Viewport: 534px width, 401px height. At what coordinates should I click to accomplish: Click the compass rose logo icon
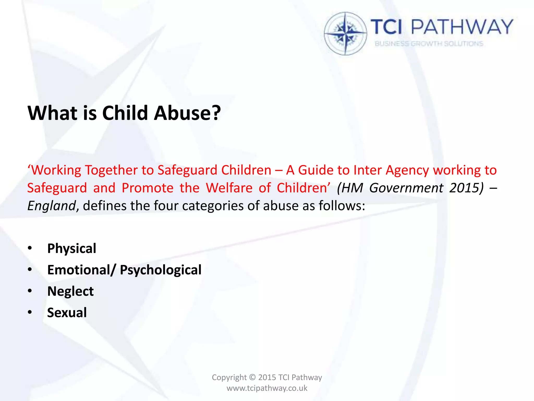point(345,33)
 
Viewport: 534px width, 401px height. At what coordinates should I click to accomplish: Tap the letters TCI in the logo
point(386,27)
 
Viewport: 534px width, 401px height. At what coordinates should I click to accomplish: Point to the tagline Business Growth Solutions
point(429,44)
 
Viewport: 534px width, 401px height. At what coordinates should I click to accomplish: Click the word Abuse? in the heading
point(187,113)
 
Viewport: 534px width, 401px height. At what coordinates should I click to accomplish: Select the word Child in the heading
point(125,113)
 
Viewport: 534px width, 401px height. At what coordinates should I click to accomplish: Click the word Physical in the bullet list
point(72,248)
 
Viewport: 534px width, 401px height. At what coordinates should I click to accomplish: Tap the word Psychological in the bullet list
point(161,270)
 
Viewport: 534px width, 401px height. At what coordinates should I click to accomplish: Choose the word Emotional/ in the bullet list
point(81,270)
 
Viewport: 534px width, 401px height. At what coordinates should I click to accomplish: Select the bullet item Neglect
point(70,291)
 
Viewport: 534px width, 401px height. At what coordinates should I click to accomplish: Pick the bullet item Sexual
point(67,312)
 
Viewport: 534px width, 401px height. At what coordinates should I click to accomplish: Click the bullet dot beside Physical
point(30,248)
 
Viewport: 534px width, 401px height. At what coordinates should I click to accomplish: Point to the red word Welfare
point(229,188)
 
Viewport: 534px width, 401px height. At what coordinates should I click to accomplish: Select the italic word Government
point(406,188)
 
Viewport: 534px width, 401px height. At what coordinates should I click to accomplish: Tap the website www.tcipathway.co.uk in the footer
point(267,388)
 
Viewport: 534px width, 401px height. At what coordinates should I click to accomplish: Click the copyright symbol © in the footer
point(252,378)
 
